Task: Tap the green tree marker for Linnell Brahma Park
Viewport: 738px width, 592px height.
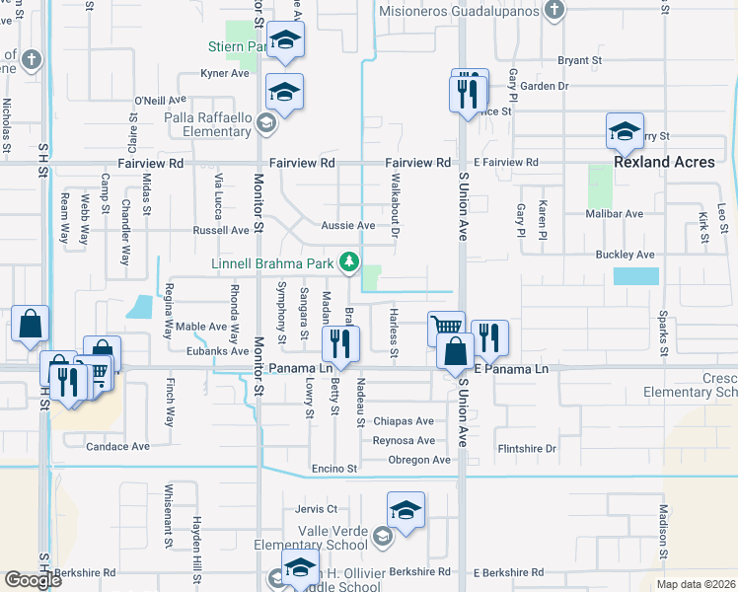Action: pos(348,262)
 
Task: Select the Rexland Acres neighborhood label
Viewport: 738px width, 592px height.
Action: pos(664,162)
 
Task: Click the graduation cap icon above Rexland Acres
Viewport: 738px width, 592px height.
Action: pos(625,130)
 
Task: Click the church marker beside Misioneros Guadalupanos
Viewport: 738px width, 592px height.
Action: pos(554,11)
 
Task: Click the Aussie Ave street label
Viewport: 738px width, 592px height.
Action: pos(347,226)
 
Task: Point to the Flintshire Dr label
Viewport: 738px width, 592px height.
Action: pos(527,448)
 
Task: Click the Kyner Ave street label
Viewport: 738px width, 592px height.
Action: pos(225,73)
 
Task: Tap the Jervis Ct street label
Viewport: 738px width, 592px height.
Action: pos(316,509)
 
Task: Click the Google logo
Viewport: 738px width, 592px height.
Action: pos(33,580)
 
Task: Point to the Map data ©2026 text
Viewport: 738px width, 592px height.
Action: pos(697,584)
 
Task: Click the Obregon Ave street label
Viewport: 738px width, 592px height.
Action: pos(418,460)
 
